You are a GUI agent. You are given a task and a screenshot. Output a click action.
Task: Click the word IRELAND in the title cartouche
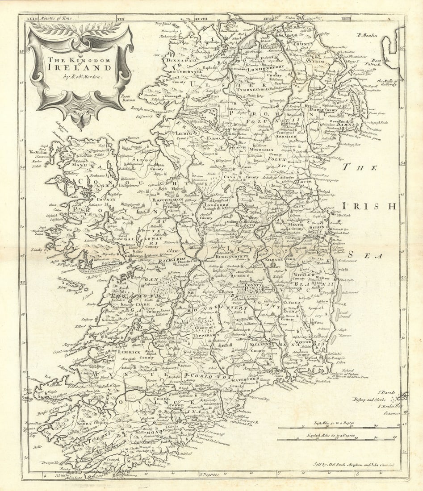coord(80,67)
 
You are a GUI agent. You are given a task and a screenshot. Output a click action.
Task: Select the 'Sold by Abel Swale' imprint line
coord(349,465)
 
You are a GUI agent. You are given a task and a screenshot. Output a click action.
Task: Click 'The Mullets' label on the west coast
coord(38,152)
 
